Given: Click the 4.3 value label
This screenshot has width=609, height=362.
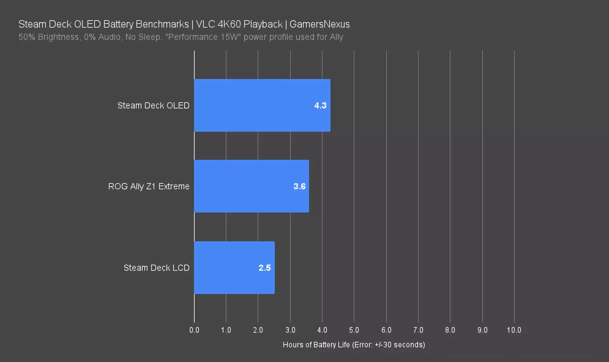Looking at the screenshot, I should [320, 105].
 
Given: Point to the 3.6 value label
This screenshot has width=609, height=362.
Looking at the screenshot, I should [299, 186].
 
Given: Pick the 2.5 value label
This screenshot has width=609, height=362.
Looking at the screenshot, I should [265, 268].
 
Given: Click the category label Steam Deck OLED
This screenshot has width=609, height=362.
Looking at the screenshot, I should [153, 105].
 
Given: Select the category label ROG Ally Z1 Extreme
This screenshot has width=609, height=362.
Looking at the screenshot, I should [149, 186].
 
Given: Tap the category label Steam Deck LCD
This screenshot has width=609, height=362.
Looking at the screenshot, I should [156, 268].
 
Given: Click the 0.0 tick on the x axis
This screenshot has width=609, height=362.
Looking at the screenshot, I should [194, 330].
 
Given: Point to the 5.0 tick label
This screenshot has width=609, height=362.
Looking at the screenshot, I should [354, 330].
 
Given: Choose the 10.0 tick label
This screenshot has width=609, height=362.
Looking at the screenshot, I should [514, 330].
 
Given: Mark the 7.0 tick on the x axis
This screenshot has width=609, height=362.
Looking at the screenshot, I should [418, 330].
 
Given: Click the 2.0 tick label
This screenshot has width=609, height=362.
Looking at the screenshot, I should [258, 330].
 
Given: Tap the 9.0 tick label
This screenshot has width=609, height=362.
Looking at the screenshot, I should [482, 330].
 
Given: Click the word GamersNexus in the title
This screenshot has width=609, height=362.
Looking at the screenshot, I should [320, 24].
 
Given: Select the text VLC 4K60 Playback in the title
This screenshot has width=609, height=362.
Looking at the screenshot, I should [240, 24].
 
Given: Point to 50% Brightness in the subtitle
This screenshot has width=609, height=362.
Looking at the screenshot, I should [49, 37].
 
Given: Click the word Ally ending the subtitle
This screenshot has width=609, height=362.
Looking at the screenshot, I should [336, 37].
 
